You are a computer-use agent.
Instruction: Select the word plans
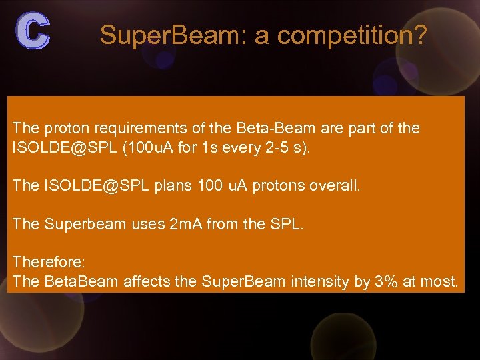[x=173, y=186]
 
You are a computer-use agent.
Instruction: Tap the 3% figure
[x=387, y=282]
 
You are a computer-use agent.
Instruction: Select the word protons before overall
[x=280, y=186]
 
